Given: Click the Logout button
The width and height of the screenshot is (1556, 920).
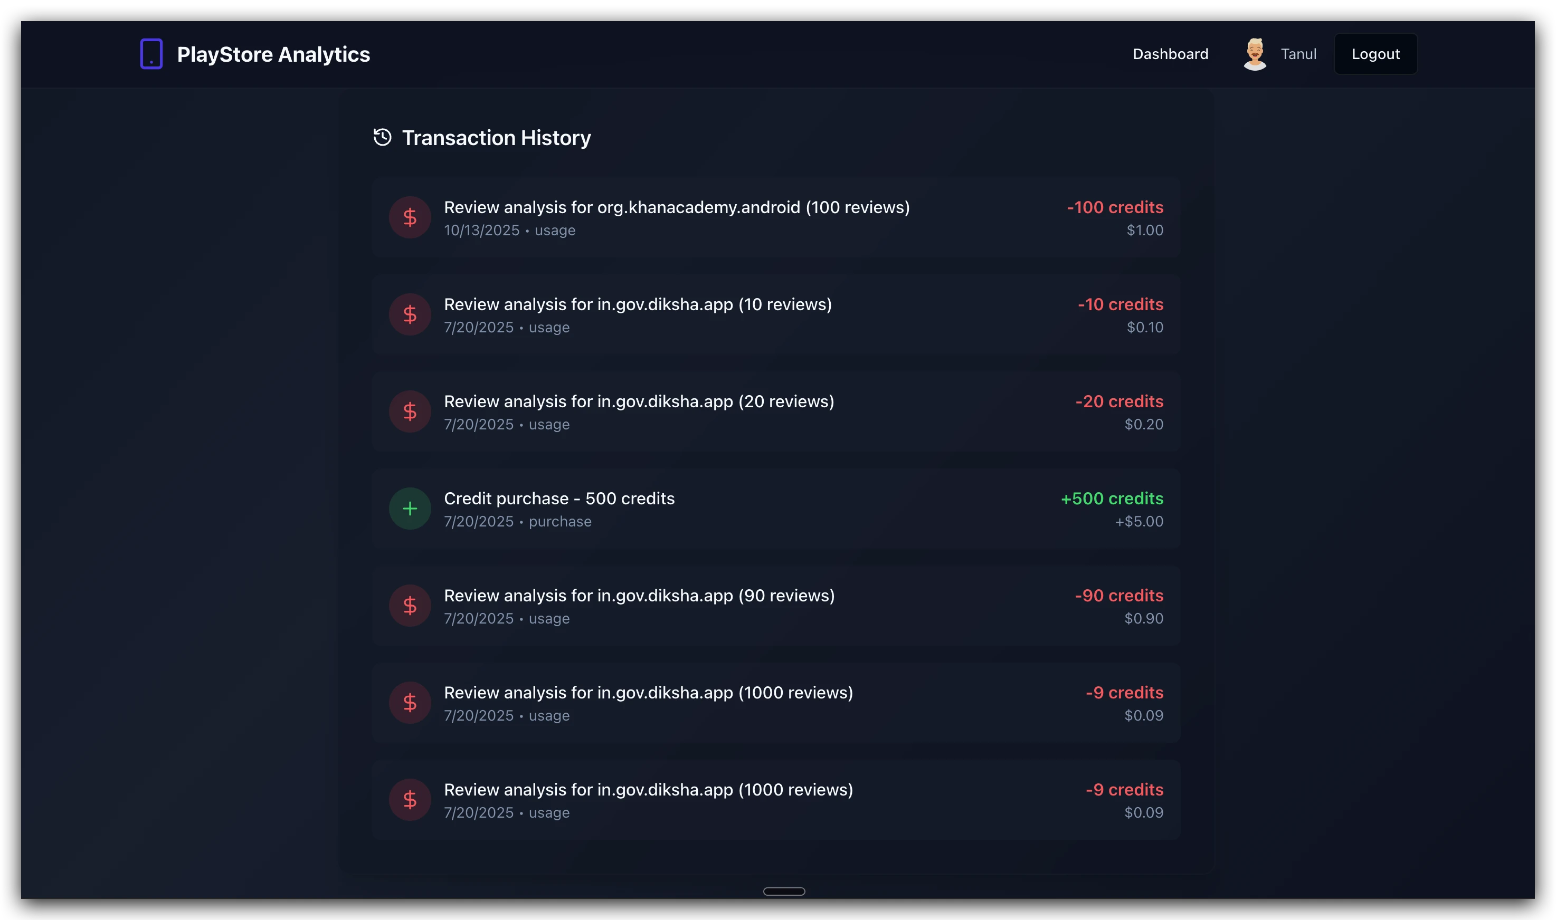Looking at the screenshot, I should [x=1375, y=54].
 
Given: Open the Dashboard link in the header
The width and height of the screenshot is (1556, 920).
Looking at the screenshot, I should [x=1170, y=54].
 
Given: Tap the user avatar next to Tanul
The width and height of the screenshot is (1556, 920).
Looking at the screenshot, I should [x=1254, y=54].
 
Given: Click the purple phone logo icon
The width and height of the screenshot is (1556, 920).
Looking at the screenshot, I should [x=151, y=54].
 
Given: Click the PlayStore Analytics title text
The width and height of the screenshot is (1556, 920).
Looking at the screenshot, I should [x=273, y=54].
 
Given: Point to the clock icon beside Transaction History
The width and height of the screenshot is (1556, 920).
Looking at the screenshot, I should [x=382, y=137].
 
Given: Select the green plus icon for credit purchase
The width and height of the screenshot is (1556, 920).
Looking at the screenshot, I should [x=409, y=509].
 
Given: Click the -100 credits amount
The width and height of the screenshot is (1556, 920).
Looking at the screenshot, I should [x=1114, y=207].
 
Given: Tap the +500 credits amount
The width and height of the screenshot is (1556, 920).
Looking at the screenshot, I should [x=1112, y=499].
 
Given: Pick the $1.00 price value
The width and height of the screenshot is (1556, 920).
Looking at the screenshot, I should [x=1144, y=230].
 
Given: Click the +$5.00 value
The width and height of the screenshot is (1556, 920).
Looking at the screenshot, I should [x=1138, y=521].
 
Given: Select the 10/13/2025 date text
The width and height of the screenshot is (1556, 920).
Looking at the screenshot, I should [x=481, y=230].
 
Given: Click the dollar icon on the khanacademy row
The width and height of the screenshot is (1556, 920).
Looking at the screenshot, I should [x=409, y=217].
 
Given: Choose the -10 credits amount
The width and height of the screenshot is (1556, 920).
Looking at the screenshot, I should [x=1120, y=304].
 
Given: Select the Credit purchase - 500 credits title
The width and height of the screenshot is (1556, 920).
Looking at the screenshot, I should [x=559, y=499].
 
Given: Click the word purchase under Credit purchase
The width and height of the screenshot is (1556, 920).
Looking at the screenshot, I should [x=559, y=521].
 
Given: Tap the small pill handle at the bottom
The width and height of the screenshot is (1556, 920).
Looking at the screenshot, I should [x=784, y=891].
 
